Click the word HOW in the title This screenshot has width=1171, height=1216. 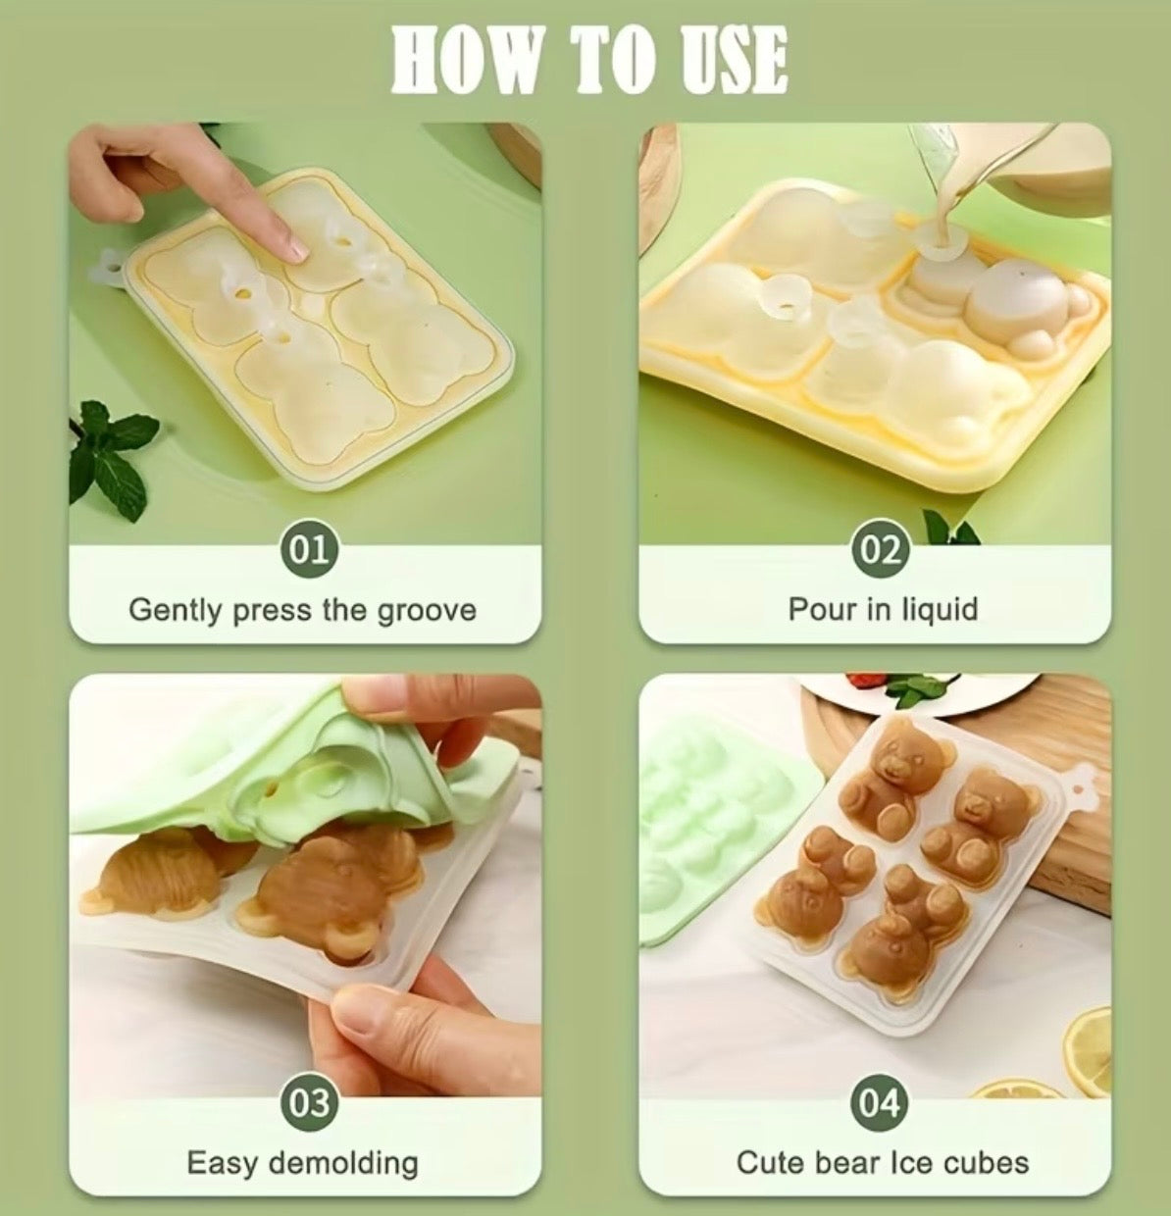tap(466, 61)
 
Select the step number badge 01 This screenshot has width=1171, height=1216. tap(311, 549)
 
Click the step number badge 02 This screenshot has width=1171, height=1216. tap(881, 549)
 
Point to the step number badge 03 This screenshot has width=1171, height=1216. tap(311, 1103)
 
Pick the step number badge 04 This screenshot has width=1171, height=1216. tap(881, 1103)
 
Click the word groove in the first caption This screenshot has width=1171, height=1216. tap(427, 611)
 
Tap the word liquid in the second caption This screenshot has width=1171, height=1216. tap(940, 609)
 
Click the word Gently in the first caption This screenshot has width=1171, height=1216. tap(176, 611)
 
